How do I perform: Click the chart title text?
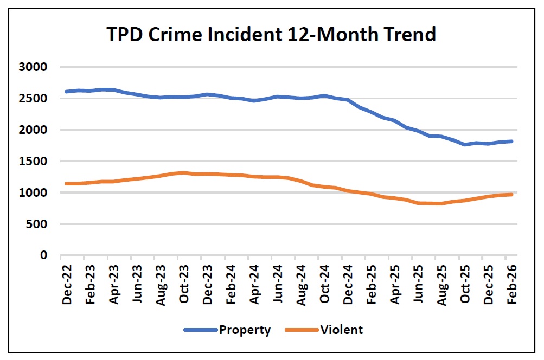coord(272,35)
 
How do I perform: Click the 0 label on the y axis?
coord(45,255)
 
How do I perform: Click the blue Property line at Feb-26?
coord(511,142)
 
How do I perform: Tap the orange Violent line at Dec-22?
coord(66,184)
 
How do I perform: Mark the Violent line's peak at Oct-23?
coord(184,173)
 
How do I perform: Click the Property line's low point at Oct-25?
coord(465,145)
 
